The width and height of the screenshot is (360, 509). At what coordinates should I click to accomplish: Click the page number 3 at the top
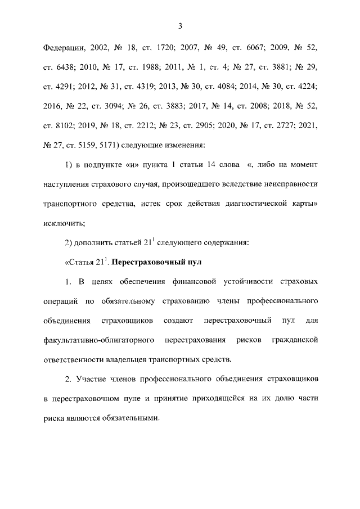(x=180, y=25)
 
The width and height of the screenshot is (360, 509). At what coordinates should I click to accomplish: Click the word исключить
(x=63, y=223)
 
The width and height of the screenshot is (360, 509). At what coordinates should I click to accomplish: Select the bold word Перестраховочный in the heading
(x=147, y=262)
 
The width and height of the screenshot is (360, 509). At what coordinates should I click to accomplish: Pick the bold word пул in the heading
(x=193, y=262)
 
